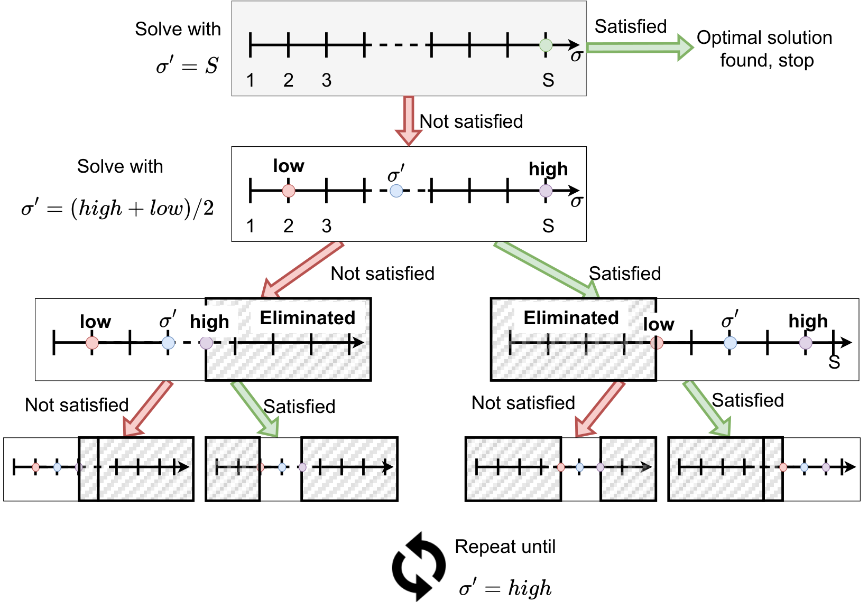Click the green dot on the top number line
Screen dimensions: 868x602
coord(546,45)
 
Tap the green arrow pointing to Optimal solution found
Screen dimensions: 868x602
coord(640,48)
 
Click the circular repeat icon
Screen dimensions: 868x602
coord(419,567)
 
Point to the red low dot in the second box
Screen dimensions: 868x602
coord(288,191)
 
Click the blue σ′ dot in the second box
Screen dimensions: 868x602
coord(396,191)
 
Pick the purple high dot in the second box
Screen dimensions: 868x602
coord(546,191)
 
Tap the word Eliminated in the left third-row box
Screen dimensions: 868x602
coord(307,318)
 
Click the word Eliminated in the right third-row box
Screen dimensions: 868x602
coord(571,318)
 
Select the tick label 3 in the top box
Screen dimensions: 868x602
coord(326,80)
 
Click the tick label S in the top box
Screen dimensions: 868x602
coord(548,80)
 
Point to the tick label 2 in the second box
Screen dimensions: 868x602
coord(288,225)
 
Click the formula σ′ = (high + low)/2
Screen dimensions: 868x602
coord(117,208)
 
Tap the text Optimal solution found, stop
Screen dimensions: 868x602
coord(764,49)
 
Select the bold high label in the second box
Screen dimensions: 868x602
coord(548,169)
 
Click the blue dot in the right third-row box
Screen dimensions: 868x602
coord(730,343)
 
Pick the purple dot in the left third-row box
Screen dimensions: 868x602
coord(206,343)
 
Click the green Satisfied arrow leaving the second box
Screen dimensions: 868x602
coord(547,270)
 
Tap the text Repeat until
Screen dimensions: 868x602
coord(505,547)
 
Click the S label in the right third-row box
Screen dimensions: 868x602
coord(834,362)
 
